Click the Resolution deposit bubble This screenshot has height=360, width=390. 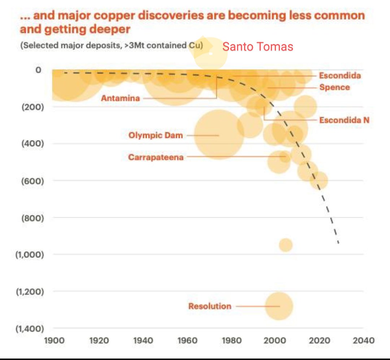click(x=279, y=306)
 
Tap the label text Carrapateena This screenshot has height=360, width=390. click(x=156, y=157)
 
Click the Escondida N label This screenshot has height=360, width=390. click(x=344, y=120)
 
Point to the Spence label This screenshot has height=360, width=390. click(x=334, y=87)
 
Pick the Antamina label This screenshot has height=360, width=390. click(x=120, y=98)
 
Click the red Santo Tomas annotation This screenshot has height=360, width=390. click(x=257, y=47)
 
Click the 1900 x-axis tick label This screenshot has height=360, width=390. click(x=55, y=340)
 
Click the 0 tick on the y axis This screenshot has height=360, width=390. click(x=38, y=70)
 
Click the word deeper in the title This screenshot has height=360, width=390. click(x=109, y=29)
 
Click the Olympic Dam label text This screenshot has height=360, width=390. click(x=156, y=135)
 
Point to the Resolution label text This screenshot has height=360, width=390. click(x=209, y=306)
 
